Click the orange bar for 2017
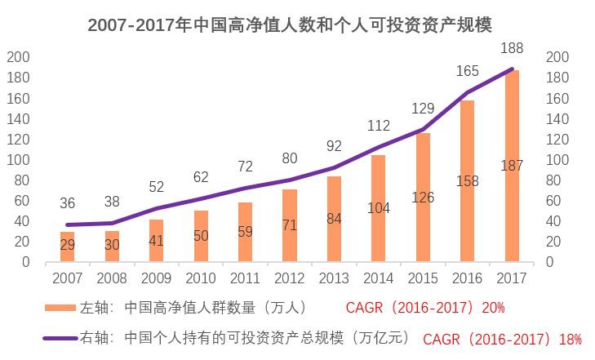[512, 167]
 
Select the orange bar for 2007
[66, 247]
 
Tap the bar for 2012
[289, 226]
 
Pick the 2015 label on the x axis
[423, 278]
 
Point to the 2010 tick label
[200, 278]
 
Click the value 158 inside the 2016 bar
[468, 180]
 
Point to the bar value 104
[379, 208]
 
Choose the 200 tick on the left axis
[18, 57]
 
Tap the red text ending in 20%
[425, 308]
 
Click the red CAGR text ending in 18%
[502, 337]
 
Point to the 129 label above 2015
[423, 109]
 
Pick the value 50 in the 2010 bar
[200, 236]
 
